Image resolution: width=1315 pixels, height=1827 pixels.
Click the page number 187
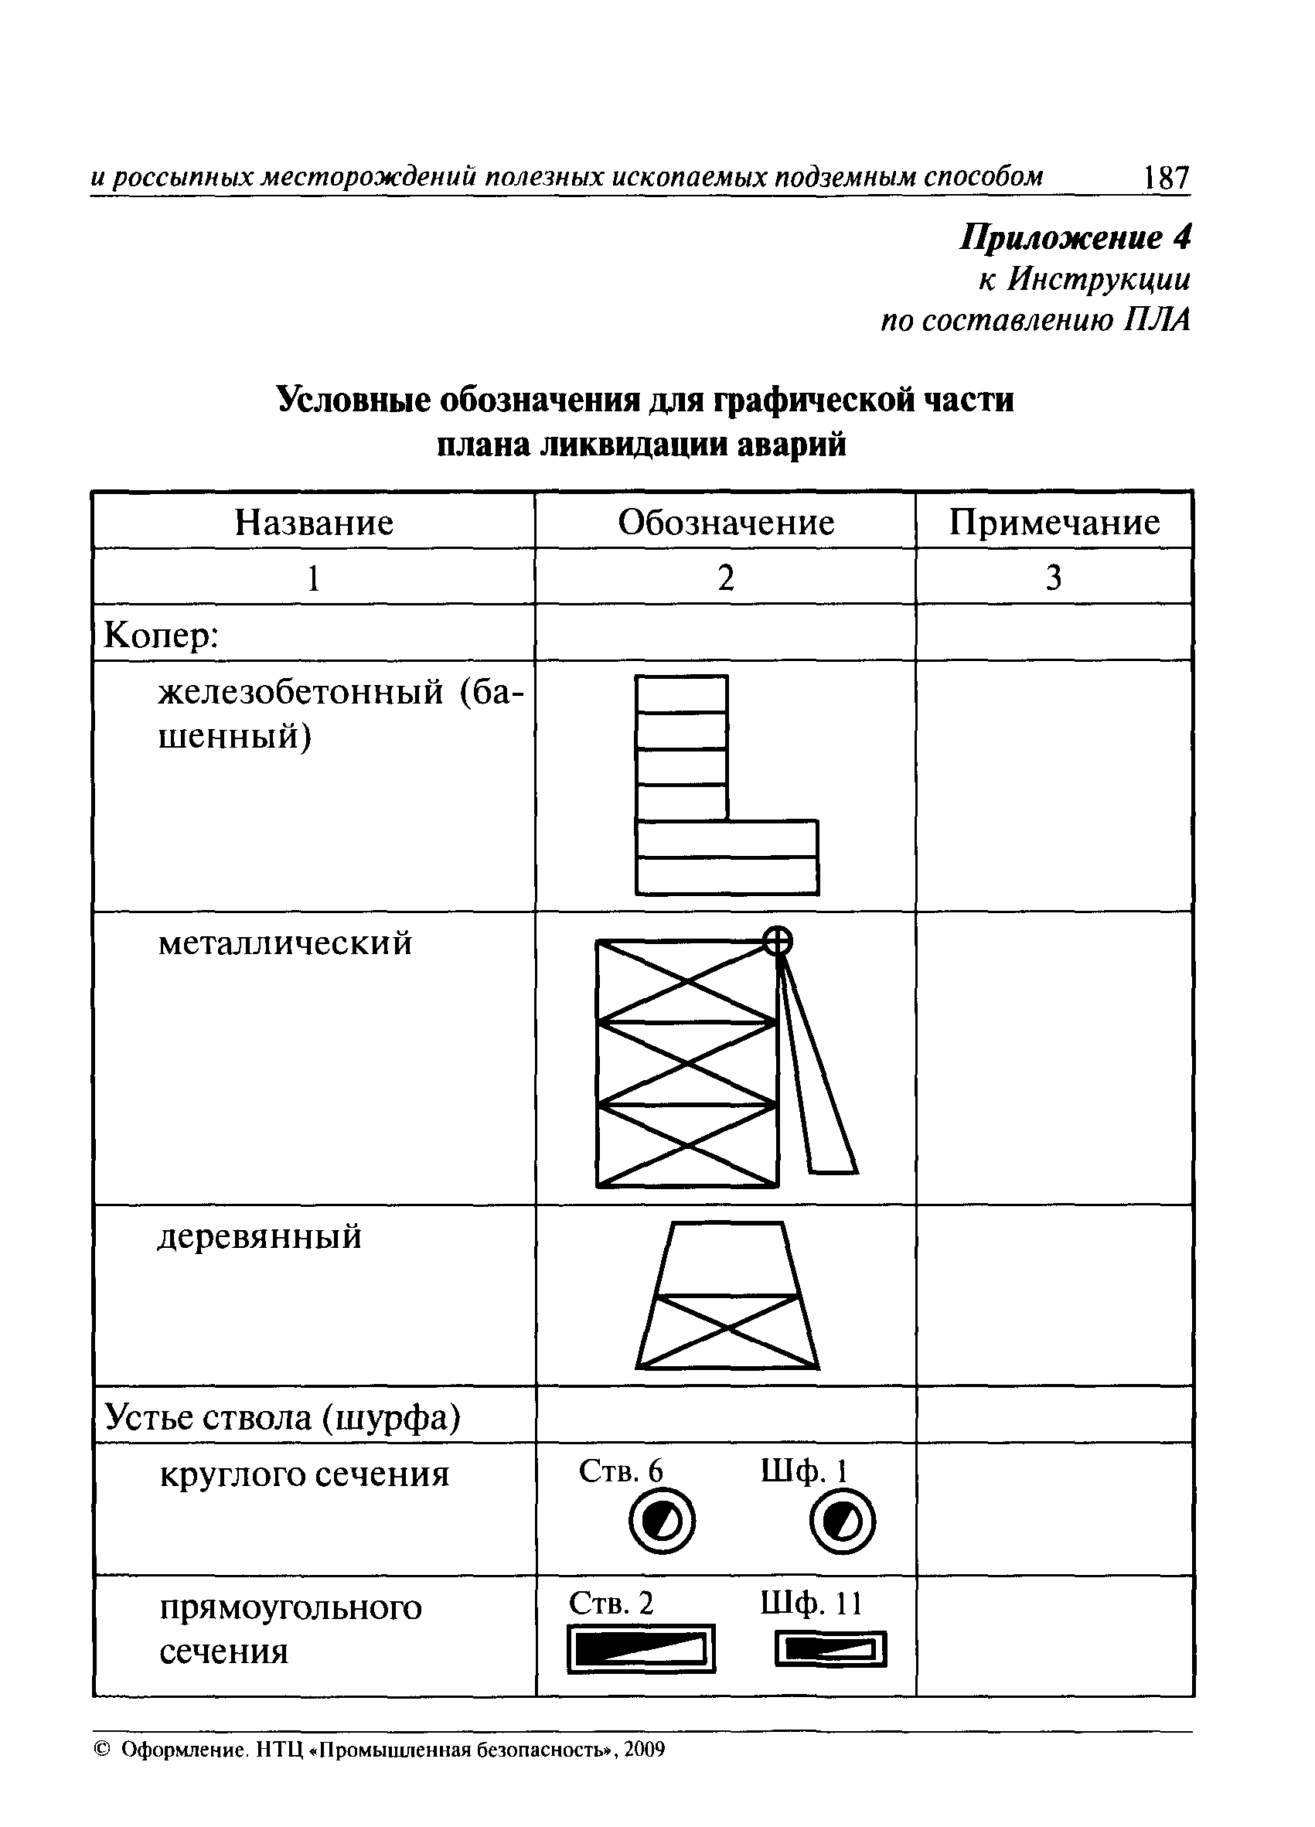click(x=1165, y=177)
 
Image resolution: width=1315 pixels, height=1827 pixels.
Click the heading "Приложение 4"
click(x=1075, y=238)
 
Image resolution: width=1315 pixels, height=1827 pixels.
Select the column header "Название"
click(x=314, y=523)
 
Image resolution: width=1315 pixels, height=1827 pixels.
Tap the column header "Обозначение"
click(x=726, y=523)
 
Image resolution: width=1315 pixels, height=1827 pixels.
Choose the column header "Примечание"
click(x=1054, y=523)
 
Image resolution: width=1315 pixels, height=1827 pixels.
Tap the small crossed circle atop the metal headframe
click(x=777, y=940)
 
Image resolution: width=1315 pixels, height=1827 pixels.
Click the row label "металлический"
click(x=285, y=942)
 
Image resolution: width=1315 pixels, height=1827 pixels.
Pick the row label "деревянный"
click(x=259, y=1236)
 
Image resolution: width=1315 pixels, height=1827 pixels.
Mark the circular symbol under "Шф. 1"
click(x=843, y=1522)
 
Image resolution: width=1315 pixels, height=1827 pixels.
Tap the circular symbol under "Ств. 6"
click(x=662, y=1522)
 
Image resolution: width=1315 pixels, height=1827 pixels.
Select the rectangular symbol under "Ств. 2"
click(x=641, y=1649)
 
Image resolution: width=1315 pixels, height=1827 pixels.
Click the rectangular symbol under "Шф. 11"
click(x=830, y=1649)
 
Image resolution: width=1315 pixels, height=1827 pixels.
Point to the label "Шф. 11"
click(x=811, y=1604)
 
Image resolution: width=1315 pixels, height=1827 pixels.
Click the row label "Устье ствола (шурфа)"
click(x=283, y=1417)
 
